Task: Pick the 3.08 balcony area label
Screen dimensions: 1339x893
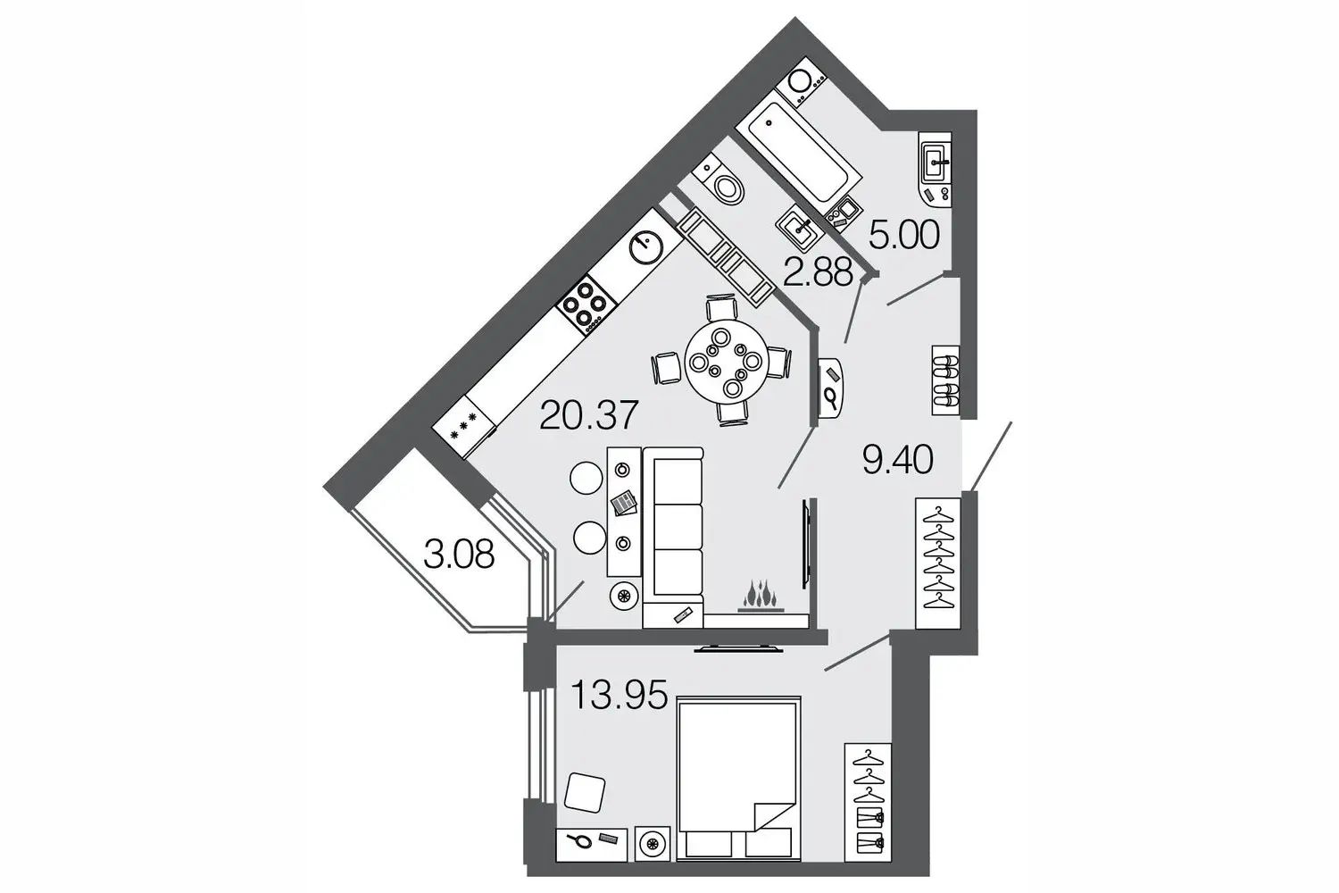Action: (459, 554)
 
